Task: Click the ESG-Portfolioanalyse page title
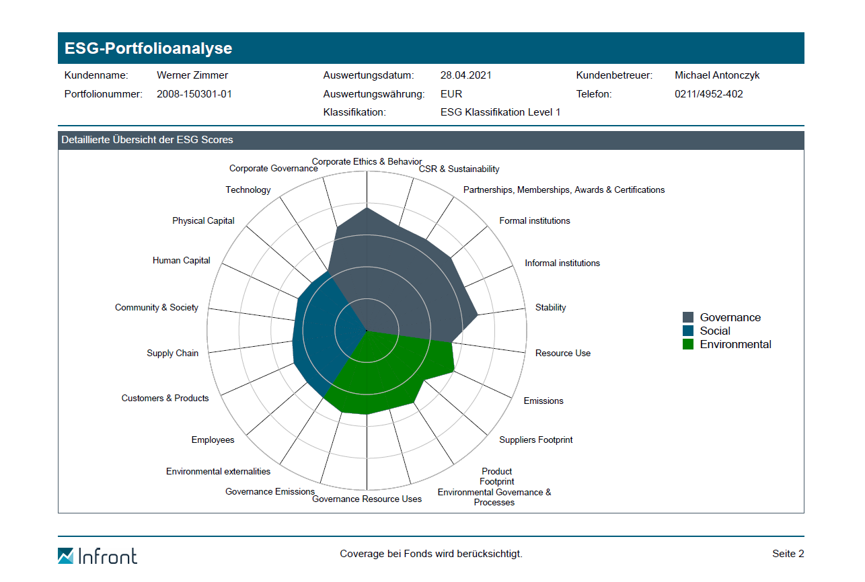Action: coord(148,48)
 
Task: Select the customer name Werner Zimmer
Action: coord(192,75)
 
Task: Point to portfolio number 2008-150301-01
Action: coord(194,94)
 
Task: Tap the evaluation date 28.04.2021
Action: coord(466,75)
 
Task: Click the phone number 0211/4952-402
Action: coord(709,94)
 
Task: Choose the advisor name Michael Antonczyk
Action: coord(717,75)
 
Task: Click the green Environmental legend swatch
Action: coord(688,344)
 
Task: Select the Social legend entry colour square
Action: coord(688,331)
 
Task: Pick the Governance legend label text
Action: coord(730,317)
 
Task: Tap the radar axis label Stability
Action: coord(550,307)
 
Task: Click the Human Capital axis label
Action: coord(181,260)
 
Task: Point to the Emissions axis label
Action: coord(543,401)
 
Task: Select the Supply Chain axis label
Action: coord(172,353)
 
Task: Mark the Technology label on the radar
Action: coord(248,190)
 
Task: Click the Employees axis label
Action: coord(213,440)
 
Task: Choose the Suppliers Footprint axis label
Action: coord(536,440)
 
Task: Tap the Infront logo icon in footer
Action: coord(66,556)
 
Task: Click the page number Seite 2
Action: coord(788,554)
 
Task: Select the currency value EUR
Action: coord(451,94)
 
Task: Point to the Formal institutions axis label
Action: coord(534,220)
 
